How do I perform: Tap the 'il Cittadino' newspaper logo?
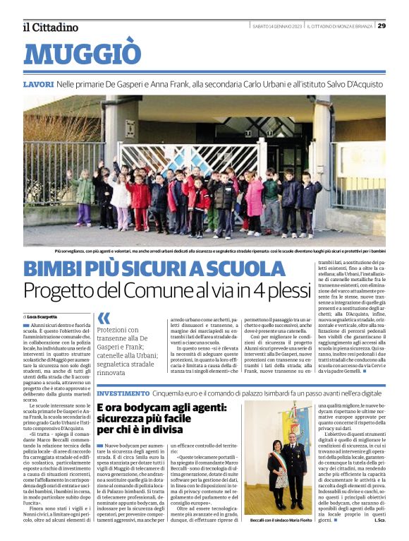[x=51, y=27]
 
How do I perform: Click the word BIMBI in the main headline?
[x=54, y=269]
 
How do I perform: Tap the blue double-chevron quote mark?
[x=104, y=318]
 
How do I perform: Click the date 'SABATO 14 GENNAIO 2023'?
[x=281, y=26]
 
